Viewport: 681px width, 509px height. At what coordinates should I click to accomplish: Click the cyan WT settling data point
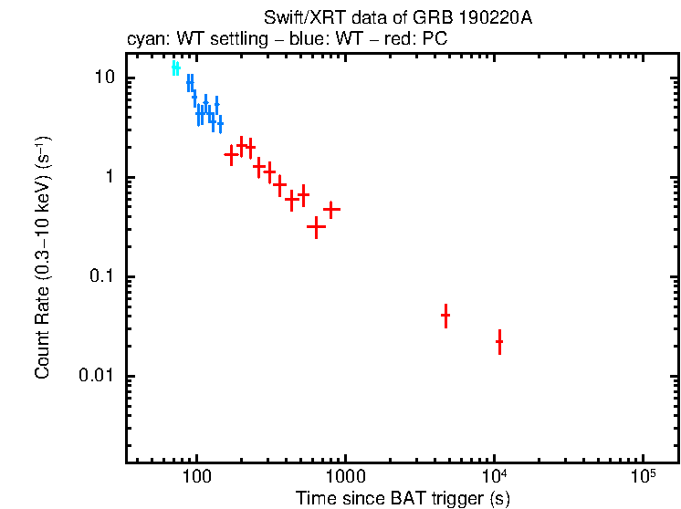tap(175, 68)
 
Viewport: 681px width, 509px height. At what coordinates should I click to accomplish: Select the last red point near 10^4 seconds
tap(499, 342)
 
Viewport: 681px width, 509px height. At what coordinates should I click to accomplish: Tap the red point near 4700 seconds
tap(445, 316)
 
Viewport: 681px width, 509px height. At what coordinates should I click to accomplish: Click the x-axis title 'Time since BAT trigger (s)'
tap(403, 499)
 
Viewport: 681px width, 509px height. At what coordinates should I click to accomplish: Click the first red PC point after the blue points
tap(232, 155)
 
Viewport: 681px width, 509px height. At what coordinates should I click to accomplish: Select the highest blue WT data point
tap(190, 82)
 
